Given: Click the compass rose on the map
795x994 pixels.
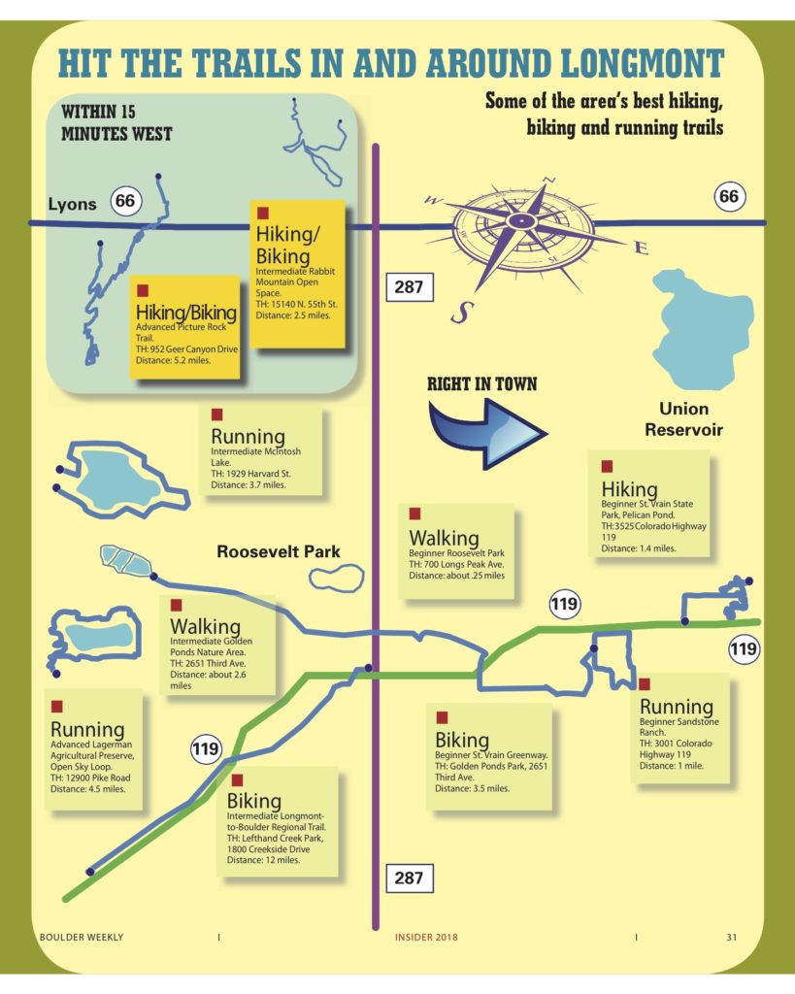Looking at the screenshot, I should point(522,222).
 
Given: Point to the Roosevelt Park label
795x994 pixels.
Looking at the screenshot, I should point(278,551).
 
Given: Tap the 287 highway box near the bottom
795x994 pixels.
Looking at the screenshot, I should point(409,878).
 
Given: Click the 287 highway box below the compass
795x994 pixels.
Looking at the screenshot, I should point(409,287).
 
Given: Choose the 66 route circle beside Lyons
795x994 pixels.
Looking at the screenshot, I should point(124,202).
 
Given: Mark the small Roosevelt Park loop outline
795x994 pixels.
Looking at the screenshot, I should point(336,579).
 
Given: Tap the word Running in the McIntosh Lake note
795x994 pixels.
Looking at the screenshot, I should point(248,437).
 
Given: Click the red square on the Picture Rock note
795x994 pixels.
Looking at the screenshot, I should point(143,289).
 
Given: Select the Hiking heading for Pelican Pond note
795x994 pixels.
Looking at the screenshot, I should point(629,488).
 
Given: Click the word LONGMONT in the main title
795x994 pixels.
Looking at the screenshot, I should point(640,64).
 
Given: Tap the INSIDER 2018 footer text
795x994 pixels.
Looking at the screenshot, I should point(426,937).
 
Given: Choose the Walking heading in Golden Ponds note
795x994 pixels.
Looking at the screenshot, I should point(205,625).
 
